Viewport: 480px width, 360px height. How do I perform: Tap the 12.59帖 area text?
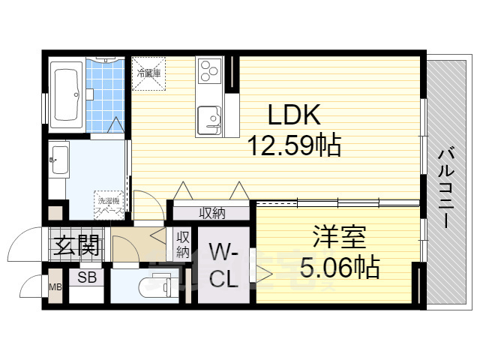(x=295, y=144)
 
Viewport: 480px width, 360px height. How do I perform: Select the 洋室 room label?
(x=339, y=238)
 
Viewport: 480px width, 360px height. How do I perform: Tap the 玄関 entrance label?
(x=76, y=244)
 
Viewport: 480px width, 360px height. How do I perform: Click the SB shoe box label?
(x=86, y=277)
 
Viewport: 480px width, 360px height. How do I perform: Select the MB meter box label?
(x=55, y=286)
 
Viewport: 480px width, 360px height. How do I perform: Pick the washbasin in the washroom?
(x=59, y=160)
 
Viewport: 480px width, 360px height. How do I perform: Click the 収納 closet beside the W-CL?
(x=183, y=244)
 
